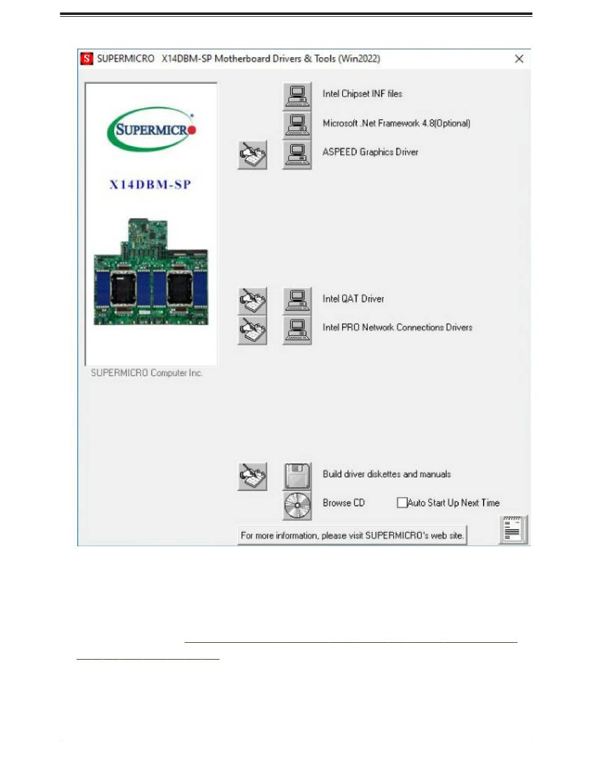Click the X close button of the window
pyautogui.click(x=518, y=59)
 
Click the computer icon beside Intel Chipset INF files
pyautogui.click(x=297, y=95)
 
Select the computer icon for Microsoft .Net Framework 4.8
pyautogui.click(x=297, y=124)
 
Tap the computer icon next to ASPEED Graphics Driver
pyautogui.click(x=297, y=154)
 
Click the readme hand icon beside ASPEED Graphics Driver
pyautogui.click(x=252, y=154)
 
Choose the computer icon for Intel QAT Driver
pyautogui.click(x=297, y=300)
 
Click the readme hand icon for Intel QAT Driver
pyautogui.click(x=252, y=301)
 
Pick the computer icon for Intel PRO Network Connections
pyautogui.click(x=297, y=330)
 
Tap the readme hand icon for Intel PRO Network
pyautogui.click(x=252, y=330)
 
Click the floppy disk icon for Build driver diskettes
pyautogui.click(x=297, y=476)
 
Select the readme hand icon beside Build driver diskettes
pyautogui.click(x=252, y=477)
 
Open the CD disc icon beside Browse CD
pyautogui.click(x=297, y=505)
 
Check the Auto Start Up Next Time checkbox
pyautogui.click(x=402, y=503)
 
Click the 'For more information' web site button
pyautogui.click(x=353, y=536)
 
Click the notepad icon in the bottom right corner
pyautogui.click(x=513, y=531)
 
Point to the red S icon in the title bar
pyautogui.click(x=87, y=59)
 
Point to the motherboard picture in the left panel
pyautogui.click(x=151, y=272)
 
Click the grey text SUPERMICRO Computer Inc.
pyautogui.click(x=147, y=373)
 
